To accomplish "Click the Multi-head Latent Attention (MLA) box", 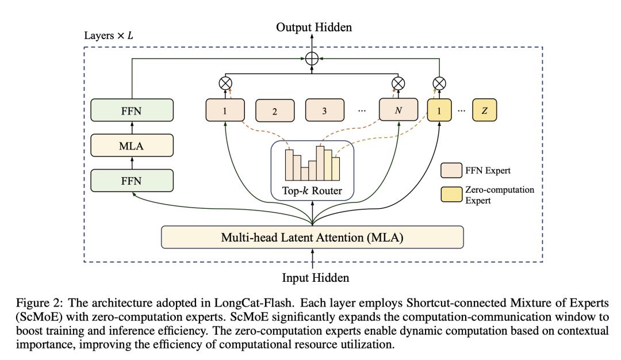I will (x=312, y=237).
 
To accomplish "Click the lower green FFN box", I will (x=132, y=181).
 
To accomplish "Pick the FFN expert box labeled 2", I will (x=275, y=111).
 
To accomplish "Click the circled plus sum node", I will (x=312, y=58).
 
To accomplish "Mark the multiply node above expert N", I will (x=397, y=83).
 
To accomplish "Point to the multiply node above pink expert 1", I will (x=225, y=83).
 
